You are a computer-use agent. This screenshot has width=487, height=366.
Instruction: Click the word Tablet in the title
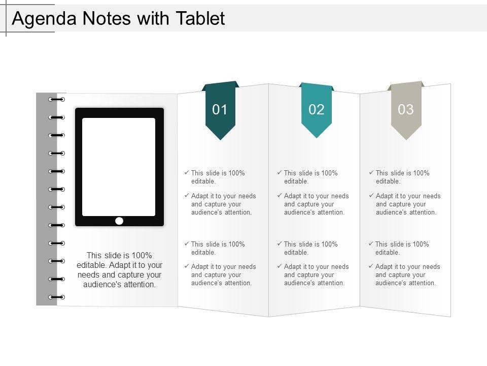point(200,18)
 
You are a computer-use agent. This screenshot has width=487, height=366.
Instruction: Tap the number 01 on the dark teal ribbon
point(220,109)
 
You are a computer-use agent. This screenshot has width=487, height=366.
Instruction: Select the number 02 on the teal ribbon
point(317,109)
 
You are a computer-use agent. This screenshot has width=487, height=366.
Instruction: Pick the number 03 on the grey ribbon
point(406,109)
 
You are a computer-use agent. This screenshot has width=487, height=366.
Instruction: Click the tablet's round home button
point(119,221)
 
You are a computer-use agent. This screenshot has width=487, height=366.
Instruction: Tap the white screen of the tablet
point(119,167)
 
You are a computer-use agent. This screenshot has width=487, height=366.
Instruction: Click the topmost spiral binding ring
point(56,100)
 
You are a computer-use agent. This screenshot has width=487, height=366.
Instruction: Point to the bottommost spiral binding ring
point(56,297)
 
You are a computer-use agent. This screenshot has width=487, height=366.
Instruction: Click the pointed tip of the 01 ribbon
point(220,140)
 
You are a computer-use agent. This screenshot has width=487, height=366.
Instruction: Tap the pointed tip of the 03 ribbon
point(406,140)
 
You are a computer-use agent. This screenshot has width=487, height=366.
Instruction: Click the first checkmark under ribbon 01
point(187,172)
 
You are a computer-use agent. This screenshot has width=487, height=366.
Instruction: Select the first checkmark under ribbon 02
point(280,172)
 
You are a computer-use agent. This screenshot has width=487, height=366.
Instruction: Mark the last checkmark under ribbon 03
point(371,266)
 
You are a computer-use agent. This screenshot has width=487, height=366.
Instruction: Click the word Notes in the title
point(107,18)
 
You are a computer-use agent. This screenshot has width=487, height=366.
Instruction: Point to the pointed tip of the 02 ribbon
point(317,138)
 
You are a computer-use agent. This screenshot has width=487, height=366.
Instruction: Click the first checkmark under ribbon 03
point(371,172)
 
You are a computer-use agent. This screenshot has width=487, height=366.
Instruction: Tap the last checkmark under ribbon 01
point(187,266)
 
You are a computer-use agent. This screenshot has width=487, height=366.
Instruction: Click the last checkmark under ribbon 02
point(280,266)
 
